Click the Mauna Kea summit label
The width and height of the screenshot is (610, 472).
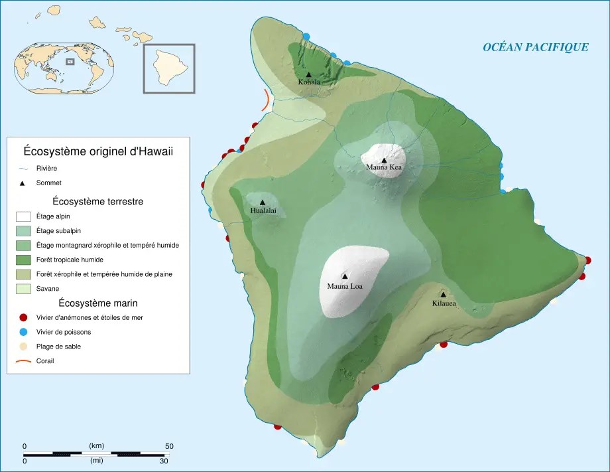point(384,167)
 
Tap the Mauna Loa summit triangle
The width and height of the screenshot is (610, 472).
point(344,275)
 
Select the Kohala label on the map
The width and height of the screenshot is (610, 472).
point(309,82)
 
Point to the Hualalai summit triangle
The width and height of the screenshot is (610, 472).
point(263,202)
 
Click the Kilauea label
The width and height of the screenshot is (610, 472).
point(444,303)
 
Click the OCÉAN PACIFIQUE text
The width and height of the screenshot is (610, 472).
point(535,47)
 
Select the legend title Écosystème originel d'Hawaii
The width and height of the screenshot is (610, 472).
point(98,151)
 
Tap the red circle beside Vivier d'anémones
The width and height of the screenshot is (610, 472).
point(23,317)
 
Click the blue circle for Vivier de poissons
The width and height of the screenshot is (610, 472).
point(23,332)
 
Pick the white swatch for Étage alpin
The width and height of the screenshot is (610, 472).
point(23,216)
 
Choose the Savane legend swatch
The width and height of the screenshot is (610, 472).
point(23,289)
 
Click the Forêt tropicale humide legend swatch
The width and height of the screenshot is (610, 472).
point(23,260)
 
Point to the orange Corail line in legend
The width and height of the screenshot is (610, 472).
point(23,361)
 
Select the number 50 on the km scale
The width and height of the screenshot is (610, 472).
point(169,445)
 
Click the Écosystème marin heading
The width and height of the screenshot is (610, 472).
point(98,303)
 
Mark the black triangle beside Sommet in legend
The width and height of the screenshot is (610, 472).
point(23,183)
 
